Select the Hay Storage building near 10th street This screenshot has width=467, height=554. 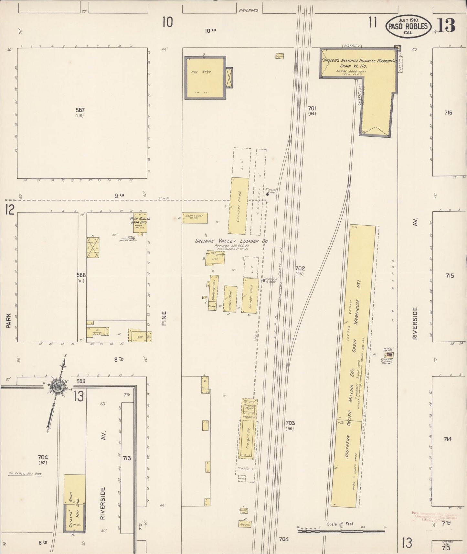(x=205, y=78)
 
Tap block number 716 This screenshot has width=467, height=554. (x=448, y=113)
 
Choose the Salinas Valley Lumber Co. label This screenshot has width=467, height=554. (x=232, y=241)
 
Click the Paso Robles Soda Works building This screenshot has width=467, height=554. (x=140, y=222)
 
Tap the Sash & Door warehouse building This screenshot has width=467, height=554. (x=195, y=218)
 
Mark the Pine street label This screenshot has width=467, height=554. (x=164, y=318)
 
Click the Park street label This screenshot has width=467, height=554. (x=8, y=321)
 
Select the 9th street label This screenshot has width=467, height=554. (x=119, y=195)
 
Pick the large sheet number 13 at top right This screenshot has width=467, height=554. (x=447, y=25)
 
